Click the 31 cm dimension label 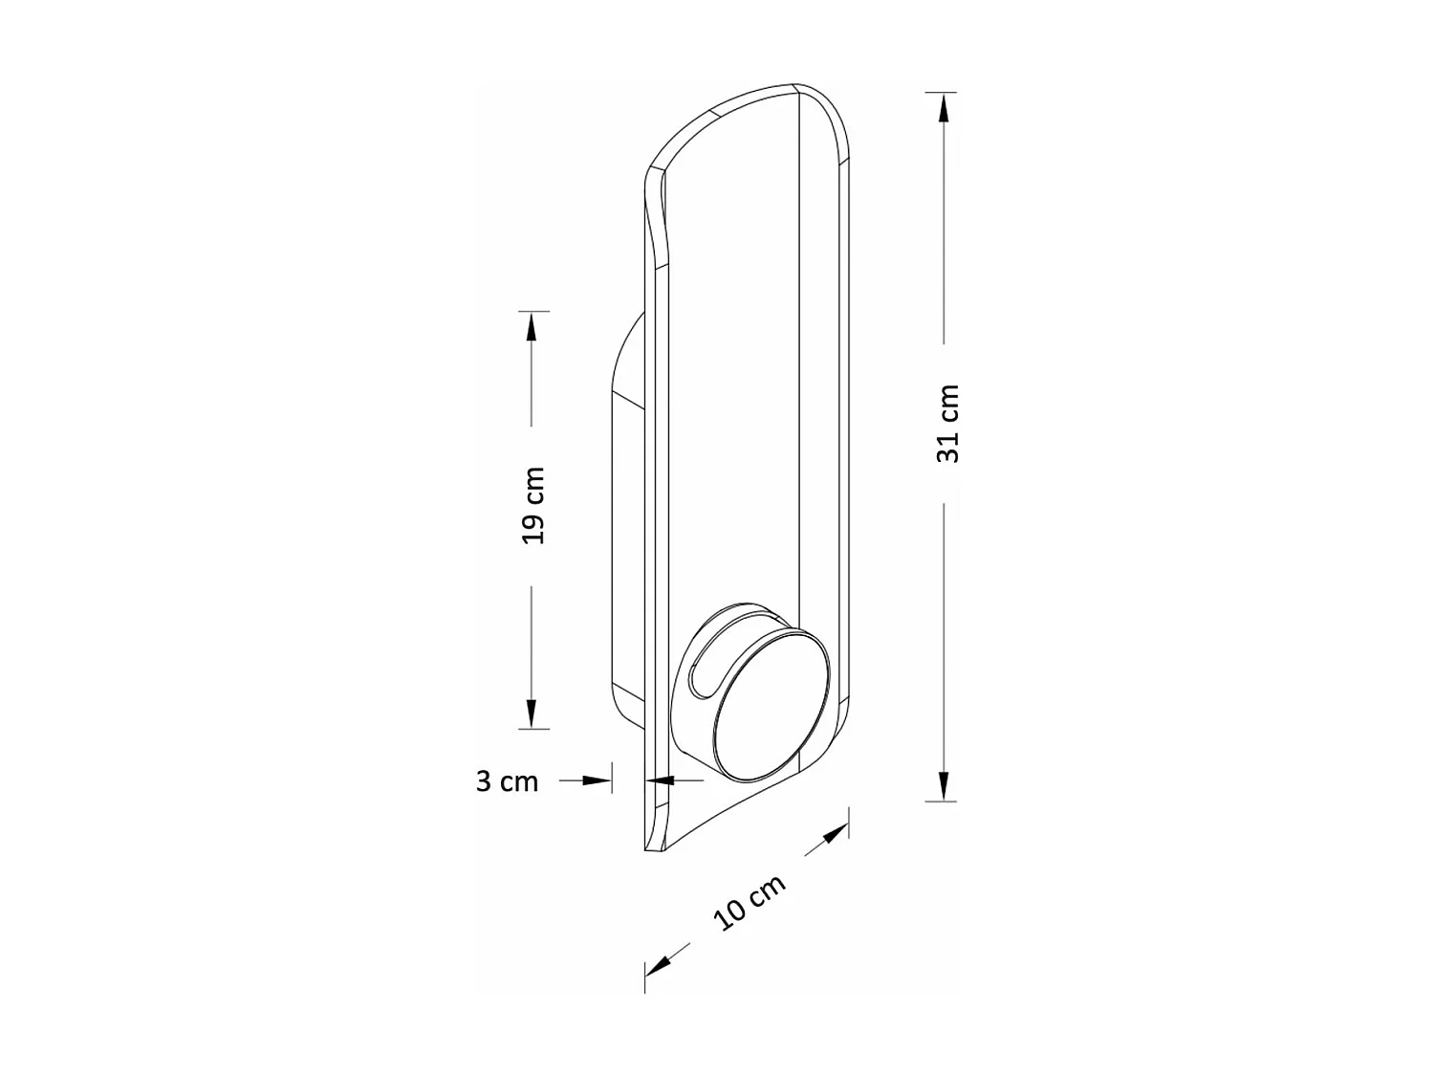[947, 424]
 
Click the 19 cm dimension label [533, 506]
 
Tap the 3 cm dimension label [507, 781]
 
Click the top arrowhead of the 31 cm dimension [944, 109]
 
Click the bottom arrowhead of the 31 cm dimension [944, 786]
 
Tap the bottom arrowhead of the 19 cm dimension [532, 714]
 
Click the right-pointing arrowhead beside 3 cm [597, 780]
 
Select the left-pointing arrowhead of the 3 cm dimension [660, 780]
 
